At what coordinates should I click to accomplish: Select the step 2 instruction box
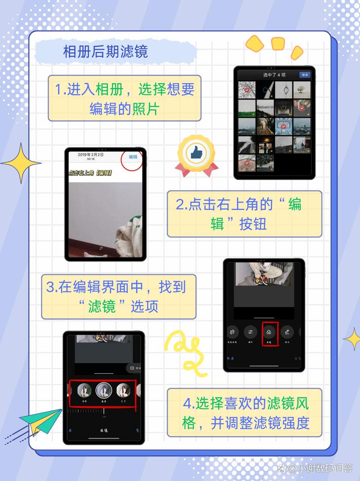coord(244,214)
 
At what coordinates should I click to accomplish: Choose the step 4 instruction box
coord(244,413)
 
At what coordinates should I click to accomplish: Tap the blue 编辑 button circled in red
coord(133,157)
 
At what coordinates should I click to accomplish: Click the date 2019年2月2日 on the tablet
coord(90,155)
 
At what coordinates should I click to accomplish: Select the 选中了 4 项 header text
coord(274,75)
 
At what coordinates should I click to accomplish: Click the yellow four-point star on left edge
coord(20,163)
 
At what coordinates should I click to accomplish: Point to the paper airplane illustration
coord(40,421)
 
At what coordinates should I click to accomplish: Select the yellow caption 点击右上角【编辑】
coord(90,173)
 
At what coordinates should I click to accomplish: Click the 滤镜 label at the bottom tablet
coord(104,431)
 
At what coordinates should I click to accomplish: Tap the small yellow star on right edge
coord(352,338)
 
